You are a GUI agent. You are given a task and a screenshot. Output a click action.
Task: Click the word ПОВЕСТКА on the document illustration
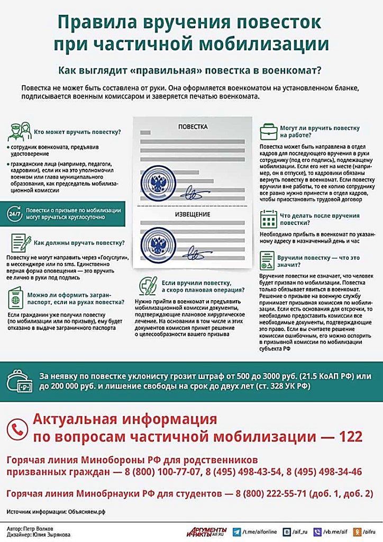(193, 127)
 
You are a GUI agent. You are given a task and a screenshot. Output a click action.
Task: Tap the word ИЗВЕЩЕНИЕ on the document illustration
(193, 214)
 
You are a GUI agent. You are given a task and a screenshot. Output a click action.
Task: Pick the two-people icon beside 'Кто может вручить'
(19, 131)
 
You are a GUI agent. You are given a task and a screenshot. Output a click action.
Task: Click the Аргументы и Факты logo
(207, 530)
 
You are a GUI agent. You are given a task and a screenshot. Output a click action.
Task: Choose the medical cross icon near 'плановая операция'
(148, 285)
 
